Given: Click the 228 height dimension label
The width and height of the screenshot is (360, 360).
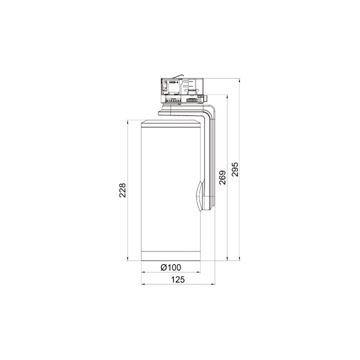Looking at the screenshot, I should tap(122, 190).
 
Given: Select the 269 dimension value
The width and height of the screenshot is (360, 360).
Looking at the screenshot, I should tap(222, 177).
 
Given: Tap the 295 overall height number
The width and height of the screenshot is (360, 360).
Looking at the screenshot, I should tap(235, 169).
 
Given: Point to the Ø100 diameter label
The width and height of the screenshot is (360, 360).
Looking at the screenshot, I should tap(171, 267).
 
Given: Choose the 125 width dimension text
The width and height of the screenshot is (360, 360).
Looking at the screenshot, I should tap(177, 279).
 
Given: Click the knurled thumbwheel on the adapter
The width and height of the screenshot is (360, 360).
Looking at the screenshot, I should tap(191, 100).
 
